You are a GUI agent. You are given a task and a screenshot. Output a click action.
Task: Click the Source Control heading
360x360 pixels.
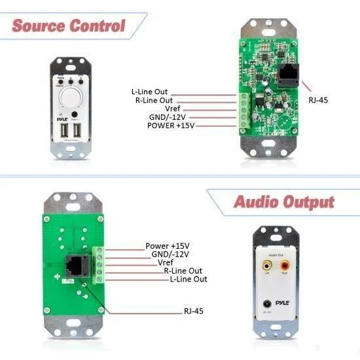point(67,26)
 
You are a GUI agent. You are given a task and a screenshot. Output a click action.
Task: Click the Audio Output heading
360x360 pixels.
point(283,202)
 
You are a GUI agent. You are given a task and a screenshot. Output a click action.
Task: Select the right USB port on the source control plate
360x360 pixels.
point(77,132)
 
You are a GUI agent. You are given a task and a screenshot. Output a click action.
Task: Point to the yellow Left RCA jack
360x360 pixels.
point(267,266)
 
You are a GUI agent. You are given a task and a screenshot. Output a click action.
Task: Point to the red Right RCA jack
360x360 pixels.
point(285,266)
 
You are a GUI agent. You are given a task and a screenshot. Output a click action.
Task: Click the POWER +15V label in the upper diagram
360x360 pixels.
point(171,125)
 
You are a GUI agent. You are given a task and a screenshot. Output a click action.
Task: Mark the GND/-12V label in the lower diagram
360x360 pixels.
point(170,254)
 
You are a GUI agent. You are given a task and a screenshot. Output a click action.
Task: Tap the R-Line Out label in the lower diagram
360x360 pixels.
point(183,270)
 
